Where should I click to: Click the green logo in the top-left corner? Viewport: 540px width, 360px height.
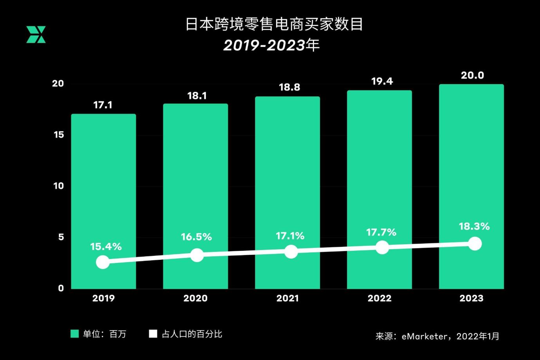pos(36,34)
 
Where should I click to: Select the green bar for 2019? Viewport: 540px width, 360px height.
pos(103,188)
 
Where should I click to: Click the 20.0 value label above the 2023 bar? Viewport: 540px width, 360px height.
pos(472,75)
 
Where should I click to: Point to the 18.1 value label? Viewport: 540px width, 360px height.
pos(197,95)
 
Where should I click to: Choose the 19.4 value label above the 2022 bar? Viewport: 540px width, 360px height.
pos(382,81)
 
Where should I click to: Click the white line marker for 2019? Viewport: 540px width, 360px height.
pos(103,262)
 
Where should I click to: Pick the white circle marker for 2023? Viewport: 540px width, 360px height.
pos(475,244)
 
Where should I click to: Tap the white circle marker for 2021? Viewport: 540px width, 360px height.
pos(291,251)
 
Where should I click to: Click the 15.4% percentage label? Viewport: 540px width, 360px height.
pos(106,247)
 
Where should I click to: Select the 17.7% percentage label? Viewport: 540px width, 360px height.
pos(381,232)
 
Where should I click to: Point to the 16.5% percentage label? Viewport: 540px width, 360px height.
pos(196,237)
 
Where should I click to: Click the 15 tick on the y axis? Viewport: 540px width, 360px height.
pos(59,135)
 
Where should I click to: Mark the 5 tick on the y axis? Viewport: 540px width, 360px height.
pos(61,237)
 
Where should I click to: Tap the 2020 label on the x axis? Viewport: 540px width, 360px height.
pos(195,298)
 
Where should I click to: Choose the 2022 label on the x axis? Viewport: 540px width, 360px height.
pos(379,298)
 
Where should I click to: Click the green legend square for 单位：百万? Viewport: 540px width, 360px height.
pos(74,334)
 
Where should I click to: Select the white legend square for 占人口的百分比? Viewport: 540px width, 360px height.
pos(153,334)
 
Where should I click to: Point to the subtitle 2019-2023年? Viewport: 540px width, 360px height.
pos(271,45)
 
